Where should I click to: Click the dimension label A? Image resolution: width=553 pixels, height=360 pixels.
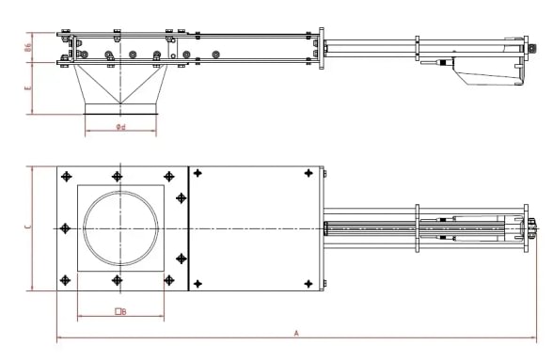[296, 333]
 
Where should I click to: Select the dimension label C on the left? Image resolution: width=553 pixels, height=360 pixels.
[27, 227]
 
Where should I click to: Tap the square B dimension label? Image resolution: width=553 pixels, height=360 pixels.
[119, 310]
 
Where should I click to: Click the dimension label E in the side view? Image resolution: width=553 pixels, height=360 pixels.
[27, 88]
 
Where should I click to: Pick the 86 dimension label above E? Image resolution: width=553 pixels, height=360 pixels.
[27, 48]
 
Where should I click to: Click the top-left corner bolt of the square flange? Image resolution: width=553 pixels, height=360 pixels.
[65, 176]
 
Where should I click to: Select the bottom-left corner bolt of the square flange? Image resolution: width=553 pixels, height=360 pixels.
[65, 280]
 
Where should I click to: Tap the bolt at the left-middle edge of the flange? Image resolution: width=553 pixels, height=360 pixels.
[64, 227]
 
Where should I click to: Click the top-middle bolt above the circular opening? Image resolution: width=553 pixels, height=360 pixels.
[116, 176]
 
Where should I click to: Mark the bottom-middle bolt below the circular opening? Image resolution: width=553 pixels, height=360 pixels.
[116, 280]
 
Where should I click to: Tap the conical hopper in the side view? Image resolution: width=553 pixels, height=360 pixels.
[122, 89]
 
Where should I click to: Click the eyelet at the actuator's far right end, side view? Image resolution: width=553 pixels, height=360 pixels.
[533, 39]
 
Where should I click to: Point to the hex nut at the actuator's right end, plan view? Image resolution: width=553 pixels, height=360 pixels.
[533, 227]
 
